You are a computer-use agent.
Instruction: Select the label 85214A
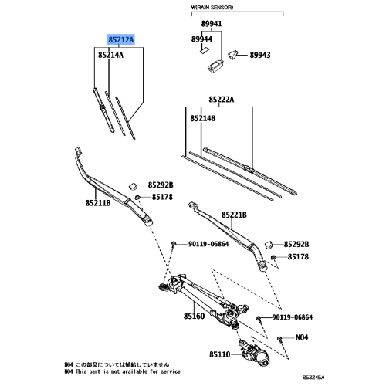pos(110,56)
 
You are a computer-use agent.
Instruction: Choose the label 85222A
pos(221,100)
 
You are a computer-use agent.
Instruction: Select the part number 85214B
pos(204,118)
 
